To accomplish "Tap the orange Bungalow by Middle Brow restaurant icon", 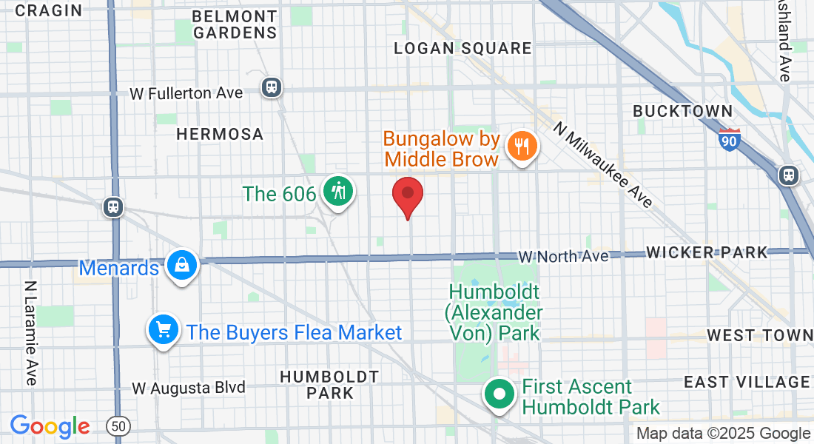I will click(x=523, y=147).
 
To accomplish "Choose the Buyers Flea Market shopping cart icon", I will click(x=163, y=329).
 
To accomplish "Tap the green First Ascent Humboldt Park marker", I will click(x=499, y=394).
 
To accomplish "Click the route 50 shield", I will click(x=118, y=425).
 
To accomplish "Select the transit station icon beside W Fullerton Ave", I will click(x=272, y=87).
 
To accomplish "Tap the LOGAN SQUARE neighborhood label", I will click(x=462, y=49).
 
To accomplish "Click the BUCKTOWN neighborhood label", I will click(x=683, y=111).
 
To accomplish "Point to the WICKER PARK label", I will click(x=707, y=253).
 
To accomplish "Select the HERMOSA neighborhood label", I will click(x=220, y=134).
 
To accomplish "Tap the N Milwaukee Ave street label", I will click(x=604, y=164).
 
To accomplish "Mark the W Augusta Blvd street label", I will click(x=189, y=387).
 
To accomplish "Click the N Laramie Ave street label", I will click(x=30, y=332).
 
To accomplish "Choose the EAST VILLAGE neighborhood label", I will click(x=746, y=382).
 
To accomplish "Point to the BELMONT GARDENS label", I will click(x=235, y=24).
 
